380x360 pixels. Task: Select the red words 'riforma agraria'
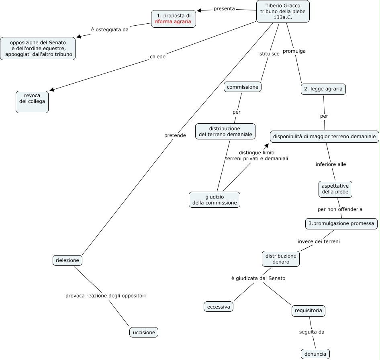173,22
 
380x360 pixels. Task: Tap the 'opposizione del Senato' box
38,49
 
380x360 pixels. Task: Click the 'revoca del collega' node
32,102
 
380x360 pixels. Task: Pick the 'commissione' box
243,87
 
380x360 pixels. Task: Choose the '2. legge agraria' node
323,89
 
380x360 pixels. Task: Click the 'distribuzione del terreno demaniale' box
225,131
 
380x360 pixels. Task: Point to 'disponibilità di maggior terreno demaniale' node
324,137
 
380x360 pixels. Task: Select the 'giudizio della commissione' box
215,200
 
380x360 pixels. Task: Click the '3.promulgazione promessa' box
341,223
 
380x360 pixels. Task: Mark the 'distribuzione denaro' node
281,259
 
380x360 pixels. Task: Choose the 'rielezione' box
67,260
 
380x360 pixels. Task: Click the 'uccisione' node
144,332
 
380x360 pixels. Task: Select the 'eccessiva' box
219,307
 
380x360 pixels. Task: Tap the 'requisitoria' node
308,311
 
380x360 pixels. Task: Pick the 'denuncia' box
315,354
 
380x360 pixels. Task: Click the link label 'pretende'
175,135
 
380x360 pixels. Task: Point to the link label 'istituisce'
269,53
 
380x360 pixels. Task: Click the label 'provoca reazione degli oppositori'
105,296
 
